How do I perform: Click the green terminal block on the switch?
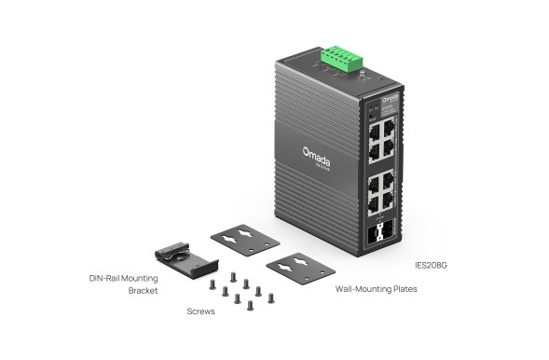coord(341,59)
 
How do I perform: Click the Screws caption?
coord(201,312)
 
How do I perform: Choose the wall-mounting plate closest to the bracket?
coord(244,238)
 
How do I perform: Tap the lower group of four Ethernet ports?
coord(380,192)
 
